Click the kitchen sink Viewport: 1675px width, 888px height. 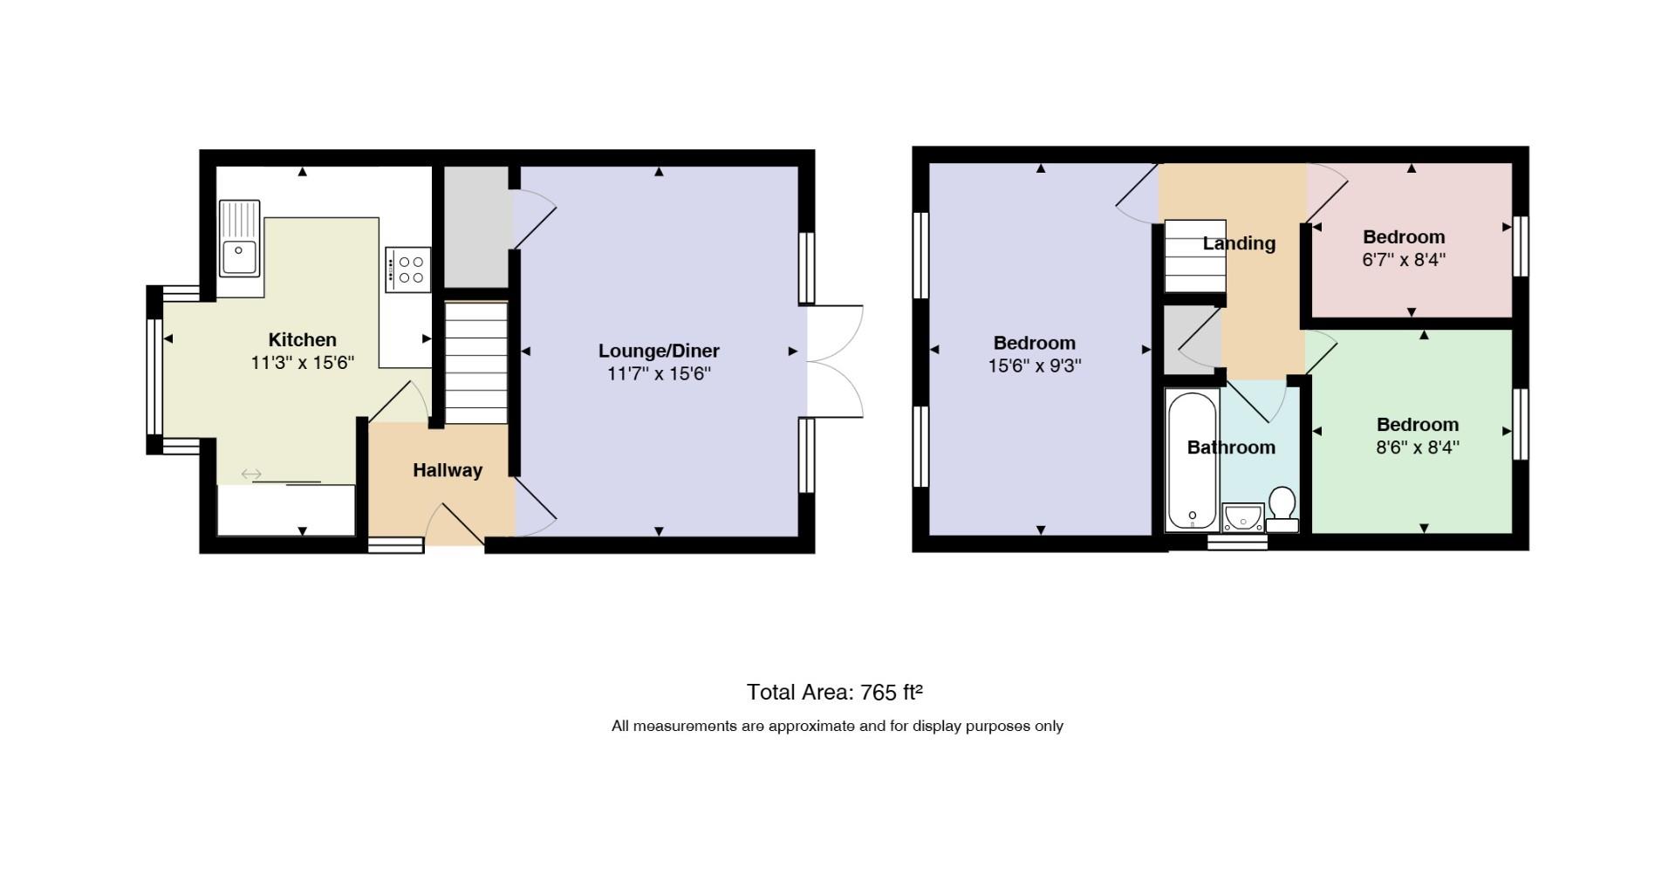pos(240,238)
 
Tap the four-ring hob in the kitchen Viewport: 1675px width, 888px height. pos(407,270)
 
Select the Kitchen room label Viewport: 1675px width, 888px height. pos(302,340)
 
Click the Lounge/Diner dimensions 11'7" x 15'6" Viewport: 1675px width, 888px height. pos(660,374)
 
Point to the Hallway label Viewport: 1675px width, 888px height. pos(448,470)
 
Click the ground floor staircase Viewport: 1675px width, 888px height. pos(476,363)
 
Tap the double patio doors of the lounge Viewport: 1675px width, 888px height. pos(835,360)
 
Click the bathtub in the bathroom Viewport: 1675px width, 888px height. pos(1192,461)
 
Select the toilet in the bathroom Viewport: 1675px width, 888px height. pos(1282,509)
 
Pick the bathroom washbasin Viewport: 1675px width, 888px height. pos(1242,517)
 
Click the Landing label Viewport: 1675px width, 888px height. pos(1239,243)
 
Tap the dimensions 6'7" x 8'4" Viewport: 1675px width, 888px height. pos(1404,260)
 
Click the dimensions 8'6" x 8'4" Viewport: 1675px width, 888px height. pos(1418,447)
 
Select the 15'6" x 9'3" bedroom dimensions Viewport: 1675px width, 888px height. pos(1035,365)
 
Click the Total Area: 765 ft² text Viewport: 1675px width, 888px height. pos(835,692)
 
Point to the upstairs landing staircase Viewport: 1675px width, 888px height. pos(1195,256)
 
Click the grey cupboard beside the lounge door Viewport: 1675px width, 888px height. pos(477,227)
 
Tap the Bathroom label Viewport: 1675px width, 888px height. pos(1231,447)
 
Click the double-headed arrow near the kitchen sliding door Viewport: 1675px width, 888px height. pos(251,474)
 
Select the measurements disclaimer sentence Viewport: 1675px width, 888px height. pos(837,726)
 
